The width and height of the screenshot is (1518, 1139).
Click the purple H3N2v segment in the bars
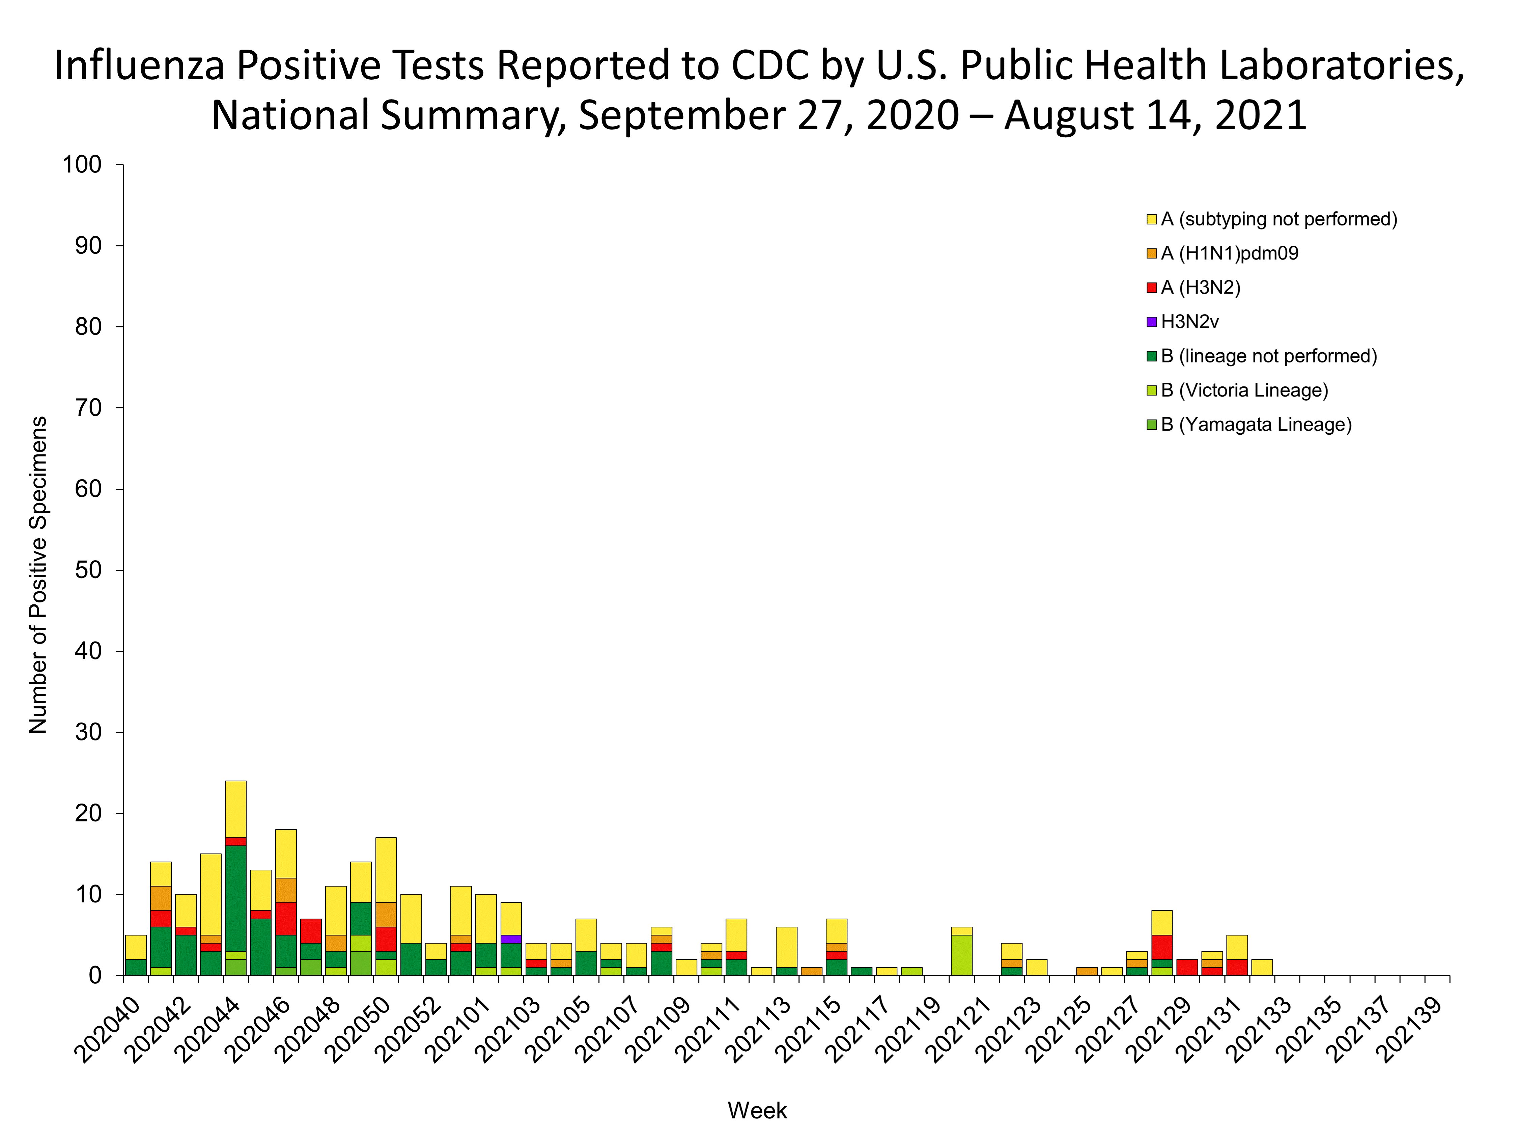click(x=511, y=939)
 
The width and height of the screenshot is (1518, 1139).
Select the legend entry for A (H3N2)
click(x=1200, y=288)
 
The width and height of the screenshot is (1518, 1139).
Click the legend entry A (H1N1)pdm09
click(x=1229, y=253)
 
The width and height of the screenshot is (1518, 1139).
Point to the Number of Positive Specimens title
click(x=38, y=575)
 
